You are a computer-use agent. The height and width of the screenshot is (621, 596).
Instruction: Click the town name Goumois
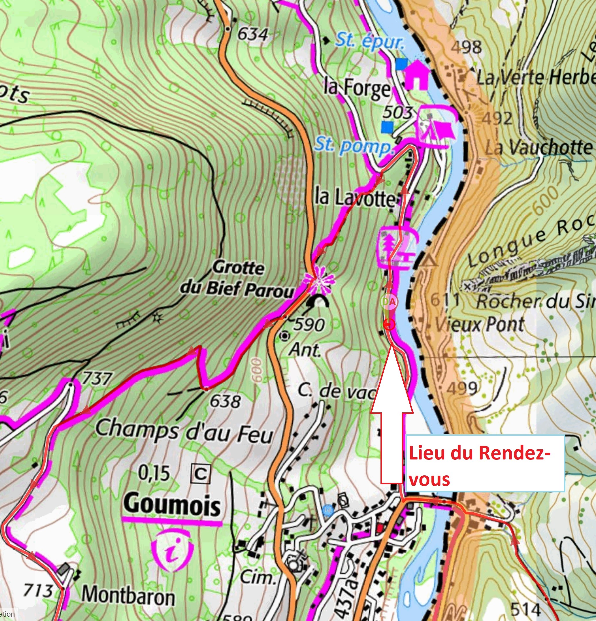(x=172, y=505)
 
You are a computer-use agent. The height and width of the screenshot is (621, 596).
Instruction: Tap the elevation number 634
(x=252, y=34)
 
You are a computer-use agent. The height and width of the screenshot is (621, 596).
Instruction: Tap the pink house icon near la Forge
(x=417, y=75)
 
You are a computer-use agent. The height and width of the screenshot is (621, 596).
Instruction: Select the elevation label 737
(x=96, y=379)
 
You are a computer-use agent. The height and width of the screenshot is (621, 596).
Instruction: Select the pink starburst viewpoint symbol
(x=320, y=279)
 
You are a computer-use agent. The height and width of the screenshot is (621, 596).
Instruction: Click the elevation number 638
(x=225, y=402)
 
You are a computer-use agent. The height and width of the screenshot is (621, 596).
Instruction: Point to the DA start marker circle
(x=389, y=302)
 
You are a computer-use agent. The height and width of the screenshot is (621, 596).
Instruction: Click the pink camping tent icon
(x=437, y=127)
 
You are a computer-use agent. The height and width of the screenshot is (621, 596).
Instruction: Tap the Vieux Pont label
(x=479, y=325)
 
